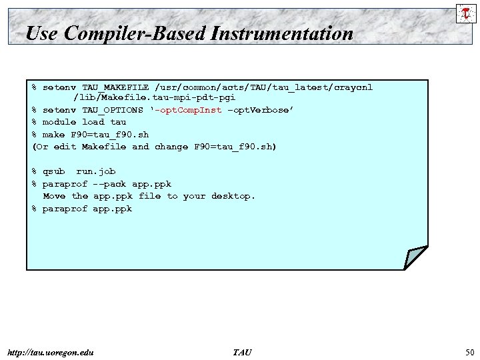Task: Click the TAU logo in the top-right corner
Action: tap(465, 13)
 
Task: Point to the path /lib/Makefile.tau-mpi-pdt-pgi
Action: tap(154, 97)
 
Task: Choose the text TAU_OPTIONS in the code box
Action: tap(113, 110)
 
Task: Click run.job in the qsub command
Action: tap(96, 171)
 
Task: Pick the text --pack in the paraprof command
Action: tap(109, 184)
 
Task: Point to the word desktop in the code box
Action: tap(233, 196)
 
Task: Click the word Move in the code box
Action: tap(54, 196)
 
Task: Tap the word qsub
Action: tap(53, 171)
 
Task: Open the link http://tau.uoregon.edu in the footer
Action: tap(49, 352)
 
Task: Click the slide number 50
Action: tap(469, 352)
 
